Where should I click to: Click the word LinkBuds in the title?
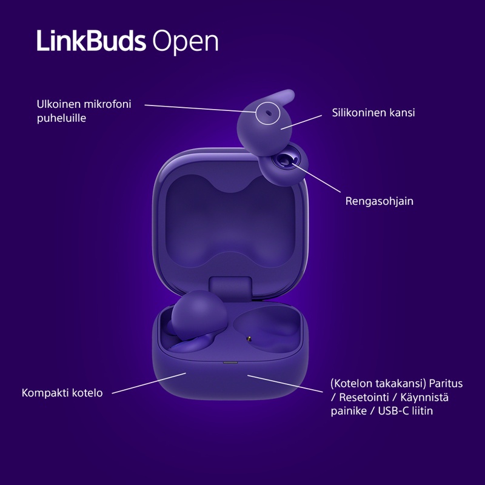[x=91, y=41]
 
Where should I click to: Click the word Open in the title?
[x=185, y=42]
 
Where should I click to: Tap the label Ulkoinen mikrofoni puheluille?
[x=84, y=111]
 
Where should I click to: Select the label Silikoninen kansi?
[x=373, y=113]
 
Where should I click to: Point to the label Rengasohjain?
[x=380, y=201]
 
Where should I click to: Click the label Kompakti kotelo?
[x=62, y=393]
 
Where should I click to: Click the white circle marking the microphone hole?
[x=267, y=113]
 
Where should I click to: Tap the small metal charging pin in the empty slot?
[x=249, y=336]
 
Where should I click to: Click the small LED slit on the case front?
[x=230, y=363]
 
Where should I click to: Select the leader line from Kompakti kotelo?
[x=149, y=383]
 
